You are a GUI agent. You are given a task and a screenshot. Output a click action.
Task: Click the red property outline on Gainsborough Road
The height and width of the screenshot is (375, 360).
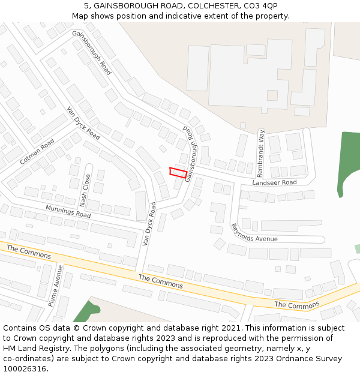tap(178, 173)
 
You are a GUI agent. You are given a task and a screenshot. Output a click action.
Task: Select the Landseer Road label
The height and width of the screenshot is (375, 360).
tap(274, 182)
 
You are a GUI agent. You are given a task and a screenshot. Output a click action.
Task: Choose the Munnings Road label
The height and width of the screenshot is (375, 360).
tap(68, 211)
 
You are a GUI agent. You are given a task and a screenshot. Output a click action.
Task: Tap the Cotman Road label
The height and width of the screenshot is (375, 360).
tap(37, 152)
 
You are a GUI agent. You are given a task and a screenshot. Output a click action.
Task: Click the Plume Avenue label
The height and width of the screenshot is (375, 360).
tap(55, 286)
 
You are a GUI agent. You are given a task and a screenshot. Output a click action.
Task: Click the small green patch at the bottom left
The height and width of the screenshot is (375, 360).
tap(86, 311)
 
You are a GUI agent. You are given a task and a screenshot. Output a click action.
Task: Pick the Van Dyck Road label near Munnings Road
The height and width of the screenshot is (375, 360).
tap(148, 224)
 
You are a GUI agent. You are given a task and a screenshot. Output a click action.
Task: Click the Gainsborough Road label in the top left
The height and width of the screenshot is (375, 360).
tap(91, 52)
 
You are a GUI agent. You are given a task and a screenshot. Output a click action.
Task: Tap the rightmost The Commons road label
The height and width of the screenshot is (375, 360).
tap(297, 305)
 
